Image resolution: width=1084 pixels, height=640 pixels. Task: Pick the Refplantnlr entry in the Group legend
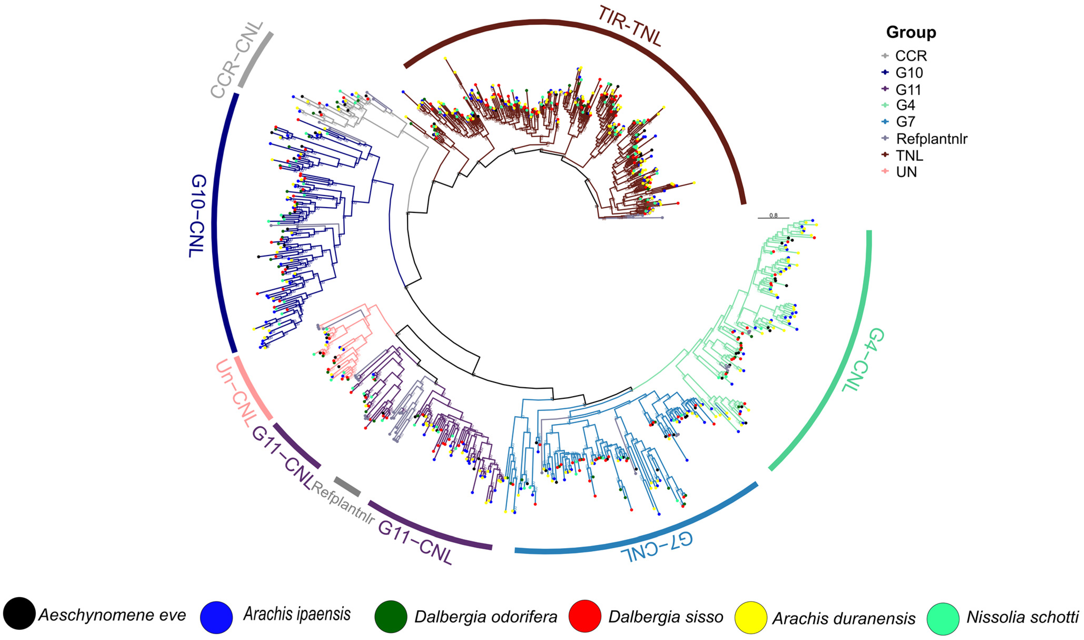[x=931, y=138]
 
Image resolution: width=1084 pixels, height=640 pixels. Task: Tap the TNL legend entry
[x=909, y=155]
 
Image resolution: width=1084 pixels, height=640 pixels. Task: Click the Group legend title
[x=911, y=32]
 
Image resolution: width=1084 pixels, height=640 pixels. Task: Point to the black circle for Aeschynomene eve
[x=19, y=613]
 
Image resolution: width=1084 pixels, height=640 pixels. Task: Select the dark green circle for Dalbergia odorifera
[x=391, y=617]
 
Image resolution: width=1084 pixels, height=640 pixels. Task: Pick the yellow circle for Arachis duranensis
[x=751, y=618]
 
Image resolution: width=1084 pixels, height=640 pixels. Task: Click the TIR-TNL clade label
[x=630, y=27]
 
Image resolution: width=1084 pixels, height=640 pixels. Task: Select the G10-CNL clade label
[x=197, y=216]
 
